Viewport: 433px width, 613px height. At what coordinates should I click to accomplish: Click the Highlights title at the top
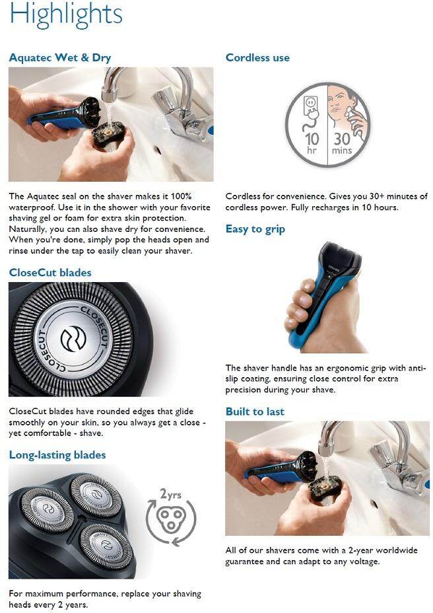(65, 15)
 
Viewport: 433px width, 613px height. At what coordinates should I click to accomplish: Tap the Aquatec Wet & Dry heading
(60, 58)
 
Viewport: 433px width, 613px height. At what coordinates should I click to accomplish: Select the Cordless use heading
(257, 57)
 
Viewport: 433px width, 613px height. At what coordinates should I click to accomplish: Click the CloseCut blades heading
(50, 273)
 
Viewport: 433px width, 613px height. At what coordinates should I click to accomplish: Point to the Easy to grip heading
(255, 229)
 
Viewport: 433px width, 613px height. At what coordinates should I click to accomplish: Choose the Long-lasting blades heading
(57, 455)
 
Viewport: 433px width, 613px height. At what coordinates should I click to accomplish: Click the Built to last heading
(255, 412)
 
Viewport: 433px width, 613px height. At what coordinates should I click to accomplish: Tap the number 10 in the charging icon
(312, 139)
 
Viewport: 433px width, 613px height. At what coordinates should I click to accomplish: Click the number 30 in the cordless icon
(341, 139)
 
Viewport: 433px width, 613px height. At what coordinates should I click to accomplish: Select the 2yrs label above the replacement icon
(170, 495)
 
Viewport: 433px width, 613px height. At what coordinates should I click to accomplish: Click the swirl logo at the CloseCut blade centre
(73, 339)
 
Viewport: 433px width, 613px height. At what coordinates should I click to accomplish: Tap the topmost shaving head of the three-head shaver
(96, 494)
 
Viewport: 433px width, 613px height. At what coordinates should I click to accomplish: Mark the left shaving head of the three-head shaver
(47, 509)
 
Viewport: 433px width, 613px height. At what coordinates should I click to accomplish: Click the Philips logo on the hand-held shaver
(335, 270)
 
